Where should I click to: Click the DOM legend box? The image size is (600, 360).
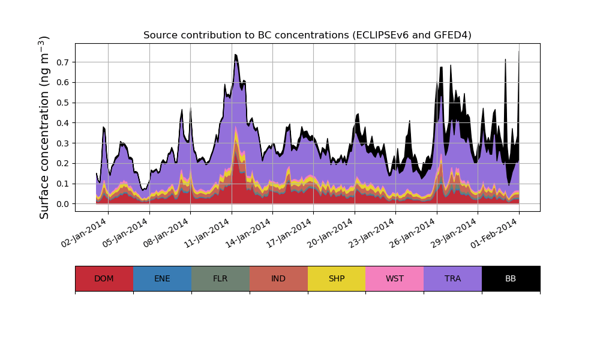pos(104,278)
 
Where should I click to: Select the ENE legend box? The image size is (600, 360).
pos(162,278)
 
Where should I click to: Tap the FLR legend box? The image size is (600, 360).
pos(220,278)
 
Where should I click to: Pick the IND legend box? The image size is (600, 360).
pos(278,278)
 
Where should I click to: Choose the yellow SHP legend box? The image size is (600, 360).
pos(337,278)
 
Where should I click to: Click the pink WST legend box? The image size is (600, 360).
pos(395,278)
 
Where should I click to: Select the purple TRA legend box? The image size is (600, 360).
pos(453,278)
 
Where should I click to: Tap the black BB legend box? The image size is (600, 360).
pos(511,278)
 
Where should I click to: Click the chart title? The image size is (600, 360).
pos(307,35)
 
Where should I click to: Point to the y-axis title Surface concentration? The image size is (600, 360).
pos(44,127)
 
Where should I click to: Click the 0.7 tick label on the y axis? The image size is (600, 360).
pos(62,62)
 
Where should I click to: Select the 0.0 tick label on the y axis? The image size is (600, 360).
pos(62,204)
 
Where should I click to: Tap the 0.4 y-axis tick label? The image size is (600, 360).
pos(62,123)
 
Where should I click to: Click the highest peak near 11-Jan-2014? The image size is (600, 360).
pos(236,55)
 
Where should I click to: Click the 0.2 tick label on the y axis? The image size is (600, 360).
pos(62,163)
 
